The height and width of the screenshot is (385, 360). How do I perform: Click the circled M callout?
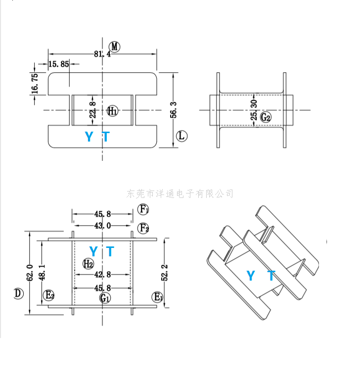tap(115, 47)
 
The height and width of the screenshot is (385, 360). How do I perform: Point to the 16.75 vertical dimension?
tap(35, 83)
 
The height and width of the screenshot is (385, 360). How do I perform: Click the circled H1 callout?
tap(112, 110)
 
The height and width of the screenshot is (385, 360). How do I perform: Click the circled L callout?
tap(182, 136)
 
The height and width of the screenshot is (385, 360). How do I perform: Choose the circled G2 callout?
tap(266, 117)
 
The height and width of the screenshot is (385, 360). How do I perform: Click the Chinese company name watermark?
tap(180, 193)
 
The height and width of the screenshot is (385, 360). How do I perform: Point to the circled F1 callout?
tap(143, 210)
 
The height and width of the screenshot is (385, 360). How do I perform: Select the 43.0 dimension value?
tap(102, 226)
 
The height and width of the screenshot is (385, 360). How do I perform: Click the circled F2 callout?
tap(143, 228)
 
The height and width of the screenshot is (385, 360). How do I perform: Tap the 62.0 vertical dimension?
tap(30, 272)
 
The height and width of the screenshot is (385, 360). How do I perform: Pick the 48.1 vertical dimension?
tap(42, 272)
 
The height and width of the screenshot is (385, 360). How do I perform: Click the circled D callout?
tap(18, 293)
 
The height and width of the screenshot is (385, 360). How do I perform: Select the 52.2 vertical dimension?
tap(165, 272)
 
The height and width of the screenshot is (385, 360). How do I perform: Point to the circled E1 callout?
tap(158, 297)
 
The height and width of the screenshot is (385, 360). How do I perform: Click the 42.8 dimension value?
tap(102, 274)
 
